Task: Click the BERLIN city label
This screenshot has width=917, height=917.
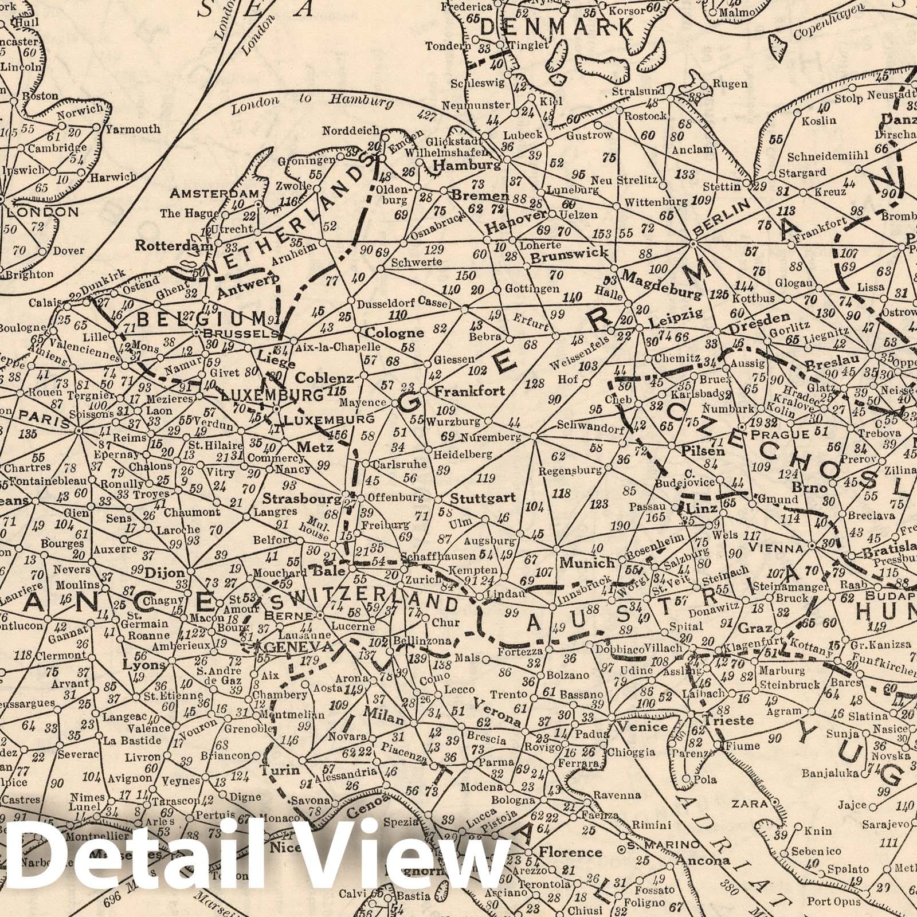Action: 722,218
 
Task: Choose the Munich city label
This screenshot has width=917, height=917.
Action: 587,563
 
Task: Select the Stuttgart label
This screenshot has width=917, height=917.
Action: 483,497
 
